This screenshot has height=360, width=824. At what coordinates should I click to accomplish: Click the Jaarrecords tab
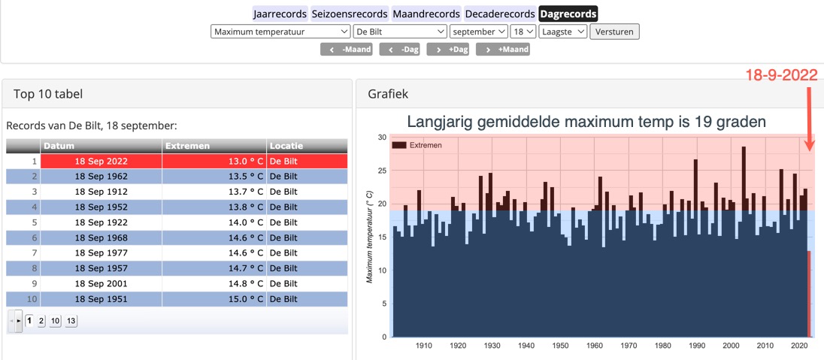[x=280, y=14]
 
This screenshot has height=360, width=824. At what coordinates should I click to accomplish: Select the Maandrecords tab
[x=426, y=14]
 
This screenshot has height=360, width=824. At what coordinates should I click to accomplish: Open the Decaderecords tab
[x=500, y=14]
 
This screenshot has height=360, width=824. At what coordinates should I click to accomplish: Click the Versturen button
[x=614, y=32]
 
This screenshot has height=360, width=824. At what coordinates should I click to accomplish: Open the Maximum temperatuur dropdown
[x=280, y=32]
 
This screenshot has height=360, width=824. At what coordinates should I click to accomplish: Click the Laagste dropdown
[x=562, y=32]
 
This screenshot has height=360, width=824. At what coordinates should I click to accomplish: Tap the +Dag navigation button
[x=448, y=50]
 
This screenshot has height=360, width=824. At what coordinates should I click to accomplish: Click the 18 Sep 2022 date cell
[x=101, y=161]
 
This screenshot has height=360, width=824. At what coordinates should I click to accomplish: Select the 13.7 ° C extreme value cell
[x=214, y=192]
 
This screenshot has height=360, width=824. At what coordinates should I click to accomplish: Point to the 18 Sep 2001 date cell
[x=101, y=283]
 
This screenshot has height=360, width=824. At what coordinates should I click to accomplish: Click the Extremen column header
[x=214, y=146]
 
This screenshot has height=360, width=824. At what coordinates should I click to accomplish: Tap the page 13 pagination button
[x=71, y=321]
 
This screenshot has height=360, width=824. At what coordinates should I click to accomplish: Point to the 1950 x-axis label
[x=560, y=346]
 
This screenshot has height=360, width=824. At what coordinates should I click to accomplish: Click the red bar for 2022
[x=809, y=293]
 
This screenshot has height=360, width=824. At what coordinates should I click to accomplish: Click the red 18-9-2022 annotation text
[x=781, y=75]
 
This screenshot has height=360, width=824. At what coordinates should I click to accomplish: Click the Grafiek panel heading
[x=387, y=94]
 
